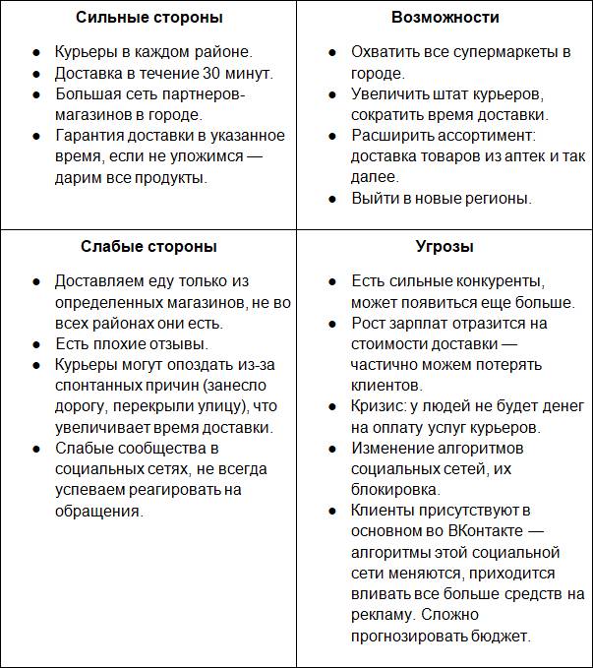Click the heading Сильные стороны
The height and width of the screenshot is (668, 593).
tap(148, 18)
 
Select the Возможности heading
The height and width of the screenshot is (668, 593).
tap(445, 18)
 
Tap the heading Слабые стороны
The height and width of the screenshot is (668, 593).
tap(148, 247)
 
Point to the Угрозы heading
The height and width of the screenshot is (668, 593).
tap(445, 247)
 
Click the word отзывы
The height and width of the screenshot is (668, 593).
tap(175, 343)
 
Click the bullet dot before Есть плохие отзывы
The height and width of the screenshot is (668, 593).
tap(35, 344)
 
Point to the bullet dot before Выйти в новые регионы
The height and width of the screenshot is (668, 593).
tap(331, 199)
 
